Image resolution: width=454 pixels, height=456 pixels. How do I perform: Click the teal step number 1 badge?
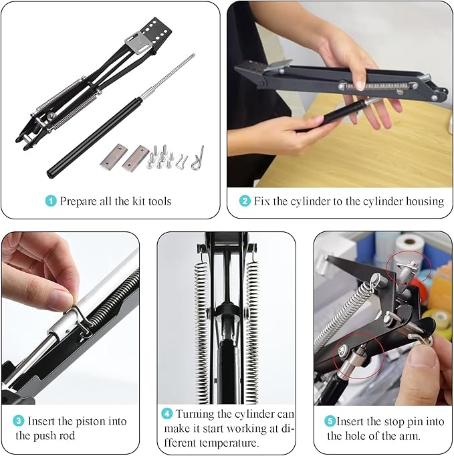51,201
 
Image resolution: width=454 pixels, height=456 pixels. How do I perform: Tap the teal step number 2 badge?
245,201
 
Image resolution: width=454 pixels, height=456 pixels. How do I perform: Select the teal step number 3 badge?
18,421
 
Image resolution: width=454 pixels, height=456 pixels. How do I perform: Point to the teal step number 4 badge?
167,413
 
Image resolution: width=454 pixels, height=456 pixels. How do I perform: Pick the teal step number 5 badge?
330,421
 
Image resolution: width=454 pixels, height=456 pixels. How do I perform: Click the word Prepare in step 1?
78,201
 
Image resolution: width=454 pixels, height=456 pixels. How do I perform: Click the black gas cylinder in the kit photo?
95,138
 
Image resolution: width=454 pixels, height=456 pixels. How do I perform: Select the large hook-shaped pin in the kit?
198,158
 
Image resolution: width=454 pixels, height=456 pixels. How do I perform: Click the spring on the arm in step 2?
378,86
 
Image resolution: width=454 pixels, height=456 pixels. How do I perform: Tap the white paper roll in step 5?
410,247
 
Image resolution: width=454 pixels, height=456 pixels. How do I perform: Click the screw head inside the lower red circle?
342,350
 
